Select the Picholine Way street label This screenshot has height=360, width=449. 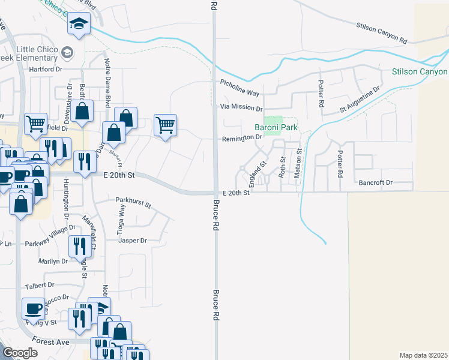tap(240, 89)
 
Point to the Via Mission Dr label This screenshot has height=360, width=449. tap(241, 109)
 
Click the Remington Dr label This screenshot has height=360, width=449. tap(243, 137)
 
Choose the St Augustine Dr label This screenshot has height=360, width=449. tap(360, 100)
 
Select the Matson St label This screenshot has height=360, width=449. tap(297, 164)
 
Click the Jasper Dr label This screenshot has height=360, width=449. tap(133, 241)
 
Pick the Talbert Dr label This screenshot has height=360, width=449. tap(39, 286)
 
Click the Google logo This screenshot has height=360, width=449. tap(20, 353)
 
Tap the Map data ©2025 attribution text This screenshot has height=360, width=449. tap(423, 355)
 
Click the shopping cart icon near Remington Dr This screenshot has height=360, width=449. tap(165, 125)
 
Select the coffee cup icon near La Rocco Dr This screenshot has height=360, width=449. tap(33, 308)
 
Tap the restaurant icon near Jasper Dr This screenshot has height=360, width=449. tap(79, 245)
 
